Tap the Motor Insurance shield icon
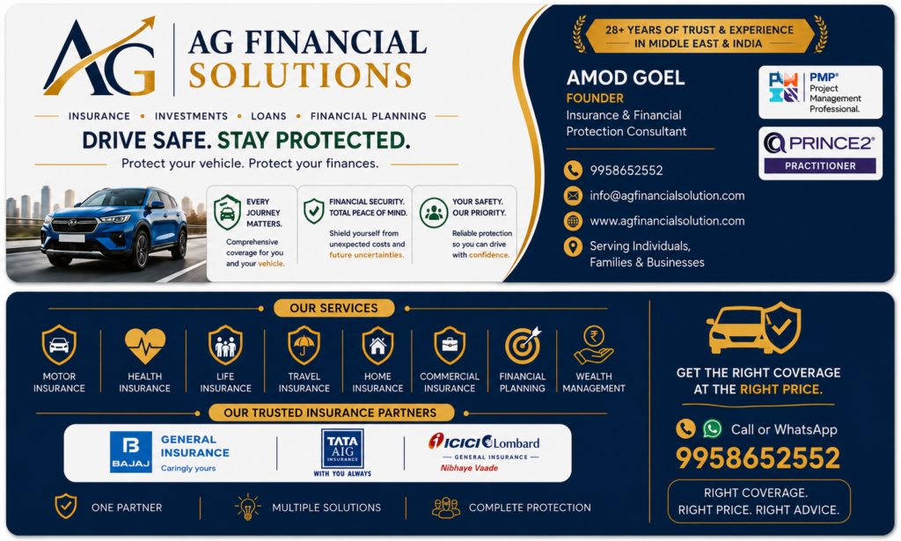click(59, 345)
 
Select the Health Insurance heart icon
click(145, 346)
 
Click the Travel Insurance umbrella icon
click(304, 345)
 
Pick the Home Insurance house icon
click(377, 345)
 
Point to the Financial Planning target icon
click(523, 346)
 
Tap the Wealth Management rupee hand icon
click(594, 345)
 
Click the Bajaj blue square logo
click(131, 452)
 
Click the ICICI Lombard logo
click(484, 452)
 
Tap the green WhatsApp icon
click(713, 428)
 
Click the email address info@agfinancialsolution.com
click(667, 196)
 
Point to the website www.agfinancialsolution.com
click(667, 221)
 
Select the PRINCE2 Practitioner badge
click(821, 153)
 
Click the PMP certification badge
click(821, 91)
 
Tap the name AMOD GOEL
click(626, 77)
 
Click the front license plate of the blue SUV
click(71, 238)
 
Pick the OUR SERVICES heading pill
click(333, 309)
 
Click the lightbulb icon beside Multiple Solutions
click(247, 507)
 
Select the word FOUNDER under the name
click(595, 99)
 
